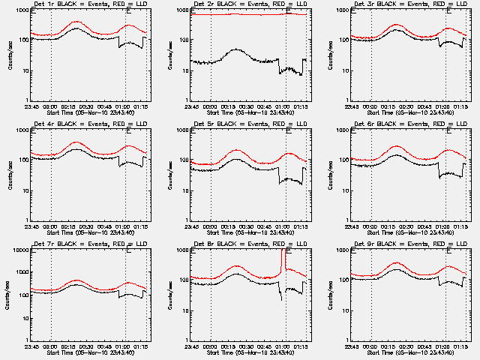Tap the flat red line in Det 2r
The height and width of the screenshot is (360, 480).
pyautogui.click(x=240, y=13)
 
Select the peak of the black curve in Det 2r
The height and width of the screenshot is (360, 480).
pyautogui.click(x=235, y=49)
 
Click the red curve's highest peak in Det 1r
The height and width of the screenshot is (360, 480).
pyautogui.click(x=76, y=22)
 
